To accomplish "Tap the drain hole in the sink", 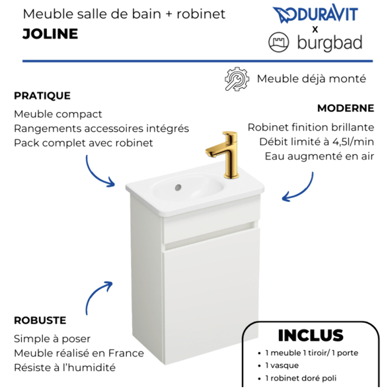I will click(178, 187).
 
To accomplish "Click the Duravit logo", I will click(315, 14).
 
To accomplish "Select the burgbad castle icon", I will click(278, 42).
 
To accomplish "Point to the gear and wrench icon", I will click(237, 79).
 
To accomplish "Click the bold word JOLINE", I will click(50, 34).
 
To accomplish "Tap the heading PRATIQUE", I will click(42, 96).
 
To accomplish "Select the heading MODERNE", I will click(345, 108).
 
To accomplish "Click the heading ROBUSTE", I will click(40, 321).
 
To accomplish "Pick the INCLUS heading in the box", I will click(311, 336).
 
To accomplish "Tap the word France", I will click(126, 353).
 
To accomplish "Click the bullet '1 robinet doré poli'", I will click(301, 378).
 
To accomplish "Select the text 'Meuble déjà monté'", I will click(311, 79).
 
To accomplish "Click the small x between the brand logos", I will click(315, 29).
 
